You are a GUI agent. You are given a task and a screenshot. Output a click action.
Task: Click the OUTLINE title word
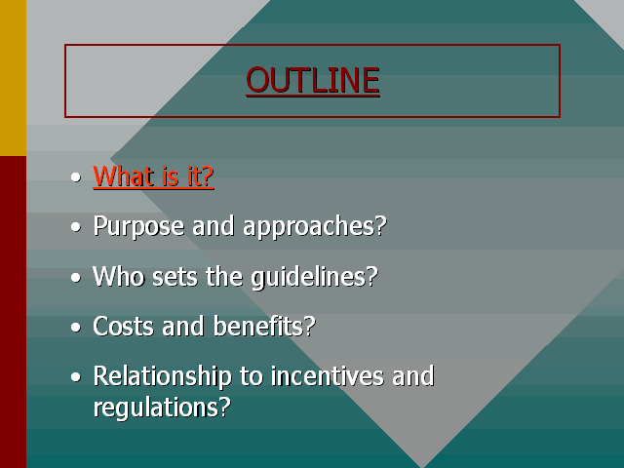[x=313, y=80]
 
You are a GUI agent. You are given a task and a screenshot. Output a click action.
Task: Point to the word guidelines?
[x=314, y=277]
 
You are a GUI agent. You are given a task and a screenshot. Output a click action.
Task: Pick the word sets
[x=175, y=277]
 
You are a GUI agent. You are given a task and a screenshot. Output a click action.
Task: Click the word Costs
[x=123, y=326]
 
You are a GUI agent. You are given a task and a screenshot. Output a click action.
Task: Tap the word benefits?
[x=264, y=326]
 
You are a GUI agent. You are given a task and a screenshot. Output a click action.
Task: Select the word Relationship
[x=163, y=377]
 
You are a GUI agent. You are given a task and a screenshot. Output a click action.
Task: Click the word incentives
[x=328, y=376]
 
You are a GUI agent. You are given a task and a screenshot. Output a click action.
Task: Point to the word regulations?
[x=162, y=408]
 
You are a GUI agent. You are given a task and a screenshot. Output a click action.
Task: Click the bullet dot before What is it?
[x=76, y=177]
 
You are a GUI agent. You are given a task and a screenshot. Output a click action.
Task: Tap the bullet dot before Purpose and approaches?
[x=76, y=227]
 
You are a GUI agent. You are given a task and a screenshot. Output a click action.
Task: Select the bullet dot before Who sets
[x=76, y=277]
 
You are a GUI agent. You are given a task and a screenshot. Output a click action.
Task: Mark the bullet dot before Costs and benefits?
[x=76, y=328]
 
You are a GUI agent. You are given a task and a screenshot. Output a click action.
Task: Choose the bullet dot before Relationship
[x=76, y=377]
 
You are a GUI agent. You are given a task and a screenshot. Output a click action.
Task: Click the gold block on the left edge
[x=13, y=78]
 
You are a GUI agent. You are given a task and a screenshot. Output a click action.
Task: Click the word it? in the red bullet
[x=201, y=175]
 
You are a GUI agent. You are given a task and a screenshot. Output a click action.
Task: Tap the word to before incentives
[x=251, y=376]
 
